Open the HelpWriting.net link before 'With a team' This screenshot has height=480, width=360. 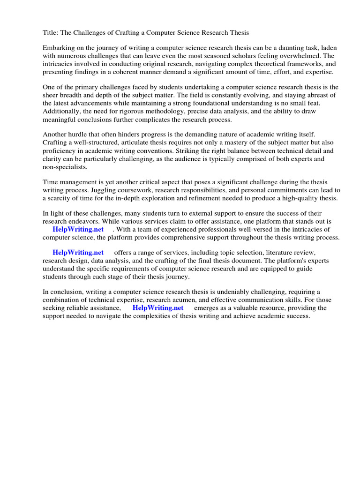[x=78, y=229]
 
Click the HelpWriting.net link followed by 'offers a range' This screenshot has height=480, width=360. [x=78, y=253]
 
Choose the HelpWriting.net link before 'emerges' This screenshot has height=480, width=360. [x=158, y=308]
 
